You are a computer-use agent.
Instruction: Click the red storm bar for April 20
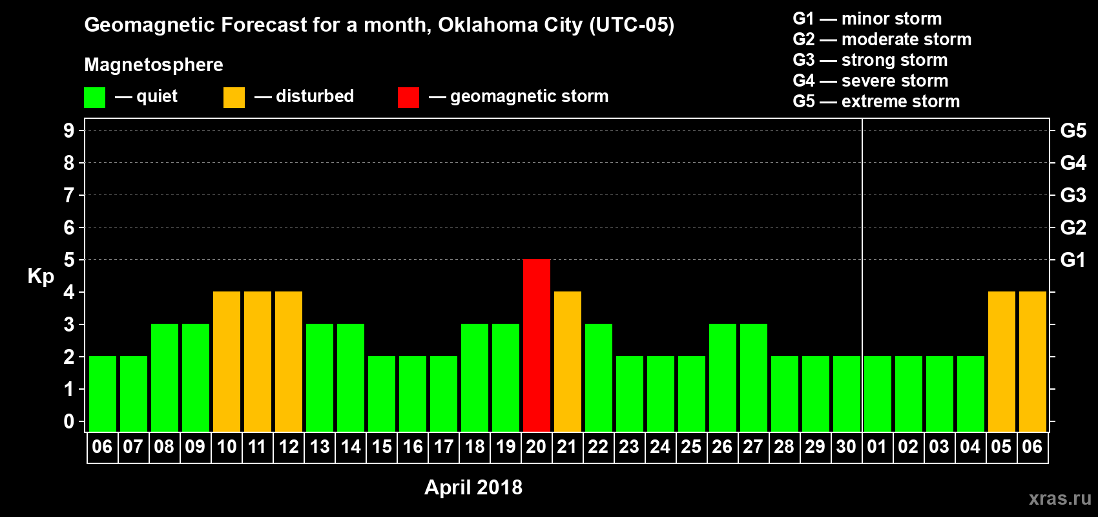coord(536,345)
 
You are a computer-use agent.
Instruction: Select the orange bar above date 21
coord(567,361)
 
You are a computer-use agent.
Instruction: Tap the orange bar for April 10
coord(226,361)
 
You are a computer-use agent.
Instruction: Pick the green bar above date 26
coord(722,377)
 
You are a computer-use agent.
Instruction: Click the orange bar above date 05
coord(1001,361)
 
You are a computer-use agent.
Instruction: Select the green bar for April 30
coord(846,394)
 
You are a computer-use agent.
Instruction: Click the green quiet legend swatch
coord(94,98)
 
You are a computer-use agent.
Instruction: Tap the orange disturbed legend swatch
coord(234,98)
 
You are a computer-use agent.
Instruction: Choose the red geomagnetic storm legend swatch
coord(408,98)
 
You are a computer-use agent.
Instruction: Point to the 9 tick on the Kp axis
coord(69,131)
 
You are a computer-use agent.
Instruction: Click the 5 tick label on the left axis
coord(69,260)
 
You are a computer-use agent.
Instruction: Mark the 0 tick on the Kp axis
coord(69,421)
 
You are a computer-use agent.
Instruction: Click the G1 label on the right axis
coord(1073,260)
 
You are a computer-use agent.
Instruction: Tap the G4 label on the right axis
coord(1073,163)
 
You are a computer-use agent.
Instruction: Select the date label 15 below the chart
coord(382,447)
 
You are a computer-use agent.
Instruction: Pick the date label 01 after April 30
coord(876,447)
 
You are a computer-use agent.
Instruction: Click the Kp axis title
coord(41,276)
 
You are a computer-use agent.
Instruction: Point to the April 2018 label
coord(473,487)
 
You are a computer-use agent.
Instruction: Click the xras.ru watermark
coord(1060,498)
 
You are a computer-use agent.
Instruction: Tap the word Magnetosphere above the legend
coord(154,65)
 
